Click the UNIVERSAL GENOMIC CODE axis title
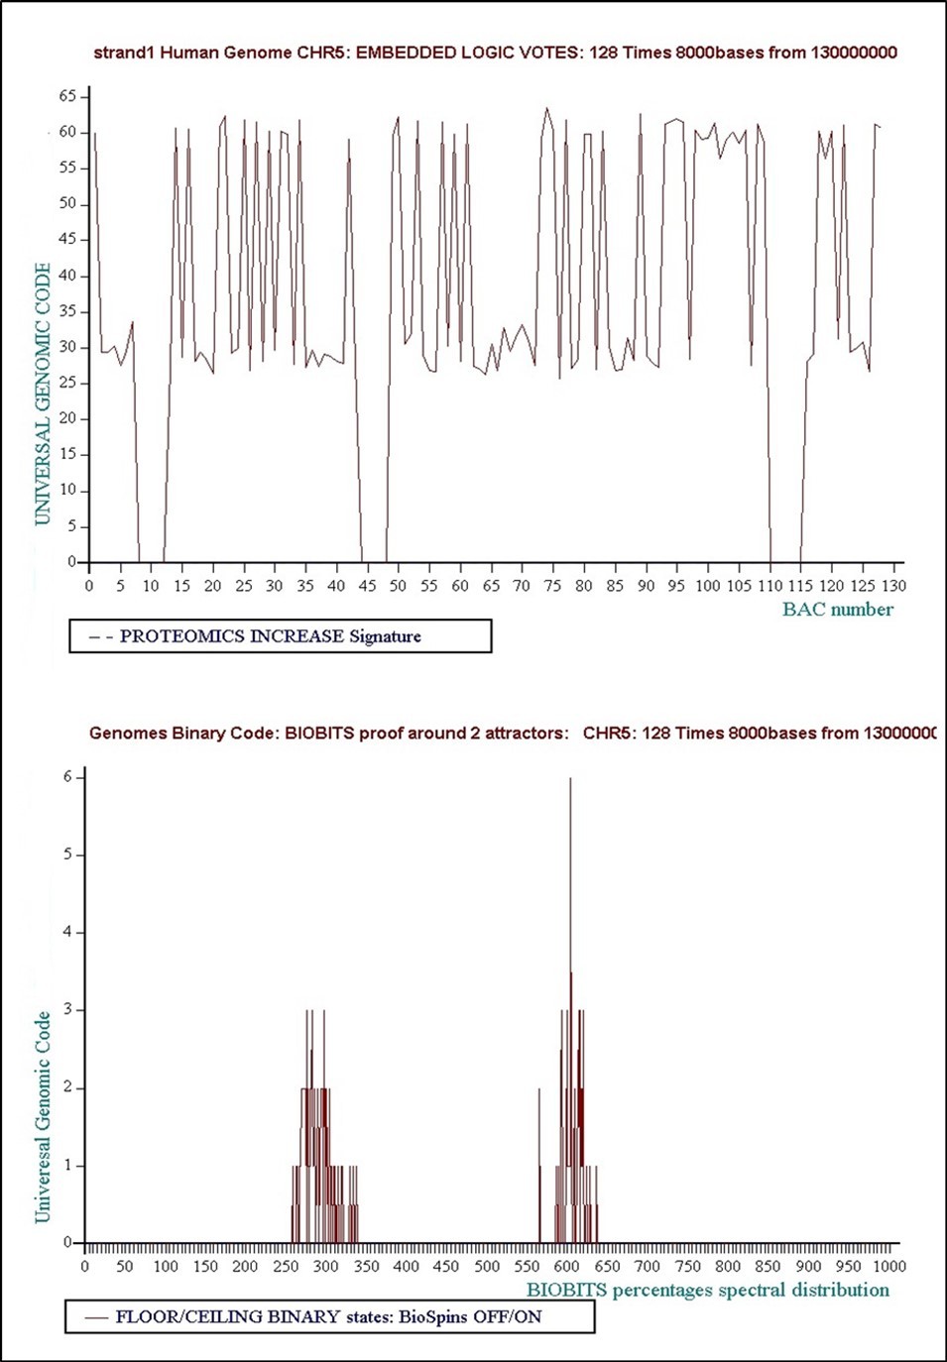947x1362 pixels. (42, 394)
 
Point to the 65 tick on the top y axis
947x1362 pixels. (67, 96)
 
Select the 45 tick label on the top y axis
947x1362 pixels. (67, 239)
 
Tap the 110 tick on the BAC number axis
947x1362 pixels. (769, 586)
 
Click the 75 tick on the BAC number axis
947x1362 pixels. (552, 586)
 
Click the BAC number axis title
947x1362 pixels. (837, 610)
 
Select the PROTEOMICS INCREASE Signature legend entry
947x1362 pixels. (270, 636)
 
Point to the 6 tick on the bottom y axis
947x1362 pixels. (68, 777)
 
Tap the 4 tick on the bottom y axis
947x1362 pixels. (68, 932)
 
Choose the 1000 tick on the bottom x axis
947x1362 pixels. (888, 1266)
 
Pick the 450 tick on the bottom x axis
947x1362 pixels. (446, 1266)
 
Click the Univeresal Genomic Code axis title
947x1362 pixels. (43, 1116)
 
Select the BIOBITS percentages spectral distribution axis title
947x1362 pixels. (707, 1290)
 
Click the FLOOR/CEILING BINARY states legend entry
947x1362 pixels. (328, 1317)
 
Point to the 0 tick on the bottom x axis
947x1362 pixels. (85, 1266)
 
